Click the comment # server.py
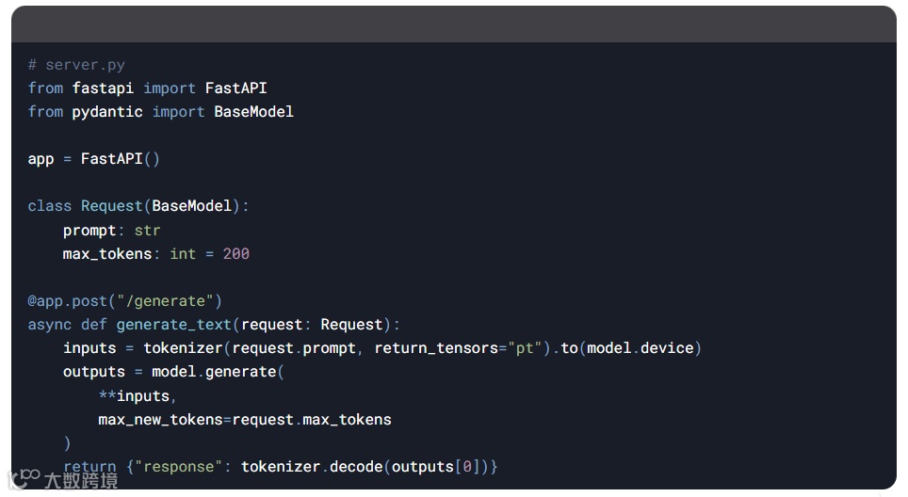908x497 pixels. pos(76,65)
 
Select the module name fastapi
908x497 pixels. pos(103,88)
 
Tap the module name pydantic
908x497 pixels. pos(107,112)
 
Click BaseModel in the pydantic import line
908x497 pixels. pos(253,112)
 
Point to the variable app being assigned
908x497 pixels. pos(41,159)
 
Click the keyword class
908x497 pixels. pos(49,206)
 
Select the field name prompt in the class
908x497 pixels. pos(89,230)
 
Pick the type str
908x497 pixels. pos(147,230)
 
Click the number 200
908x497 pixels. pos(235,254)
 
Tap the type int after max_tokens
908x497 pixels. pos(183,254)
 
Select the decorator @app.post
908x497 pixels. pos(68,301)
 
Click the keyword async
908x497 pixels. pos(49,325)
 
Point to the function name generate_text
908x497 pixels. pos(173,325)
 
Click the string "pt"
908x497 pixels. pos(523,348)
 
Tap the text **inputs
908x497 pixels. pos(138,395)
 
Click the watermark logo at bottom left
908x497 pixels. pos(24,478)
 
